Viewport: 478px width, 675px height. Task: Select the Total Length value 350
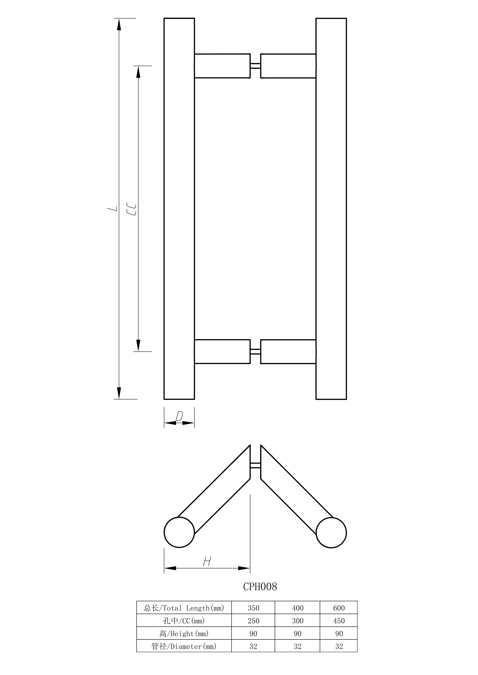[253, 608]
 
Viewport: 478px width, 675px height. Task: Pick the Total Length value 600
[339, 608]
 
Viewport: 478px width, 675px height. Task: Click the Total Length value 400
[298, 608]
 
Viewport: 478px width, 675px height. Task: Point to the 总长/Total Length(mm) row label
[184, 608]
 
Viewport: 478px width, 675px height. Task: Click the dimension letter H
[207, 561]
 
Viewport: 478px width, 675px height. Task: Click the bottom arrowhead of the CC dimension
[138, 345]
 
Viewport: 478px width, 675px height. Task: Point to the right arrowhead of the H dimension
[244, 568]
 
